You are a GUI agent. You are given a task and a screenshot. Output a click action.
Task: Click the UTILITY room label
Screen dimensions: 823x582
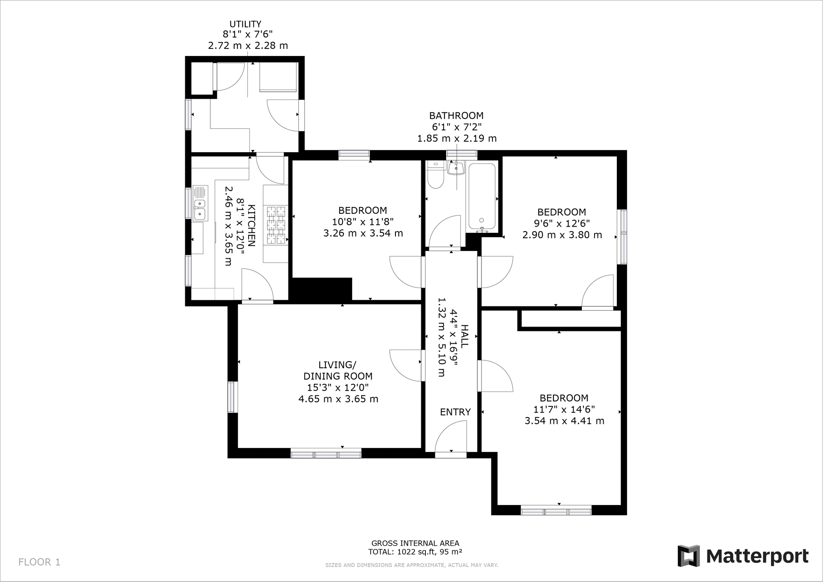(245, 24)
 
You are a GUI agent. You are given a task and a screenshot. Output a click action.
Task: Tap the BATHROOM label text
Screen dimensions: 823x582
(456, 116)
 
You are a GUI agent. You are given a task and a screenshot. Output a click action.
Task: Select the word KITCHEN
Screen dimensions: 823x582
(252, 226)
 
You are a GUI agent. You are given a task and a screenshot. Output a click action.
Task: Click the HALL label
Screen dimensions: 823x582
(464, 336)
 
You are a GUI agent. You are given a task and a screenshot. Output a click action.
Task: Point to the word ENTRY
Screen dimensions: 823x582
(455, 412)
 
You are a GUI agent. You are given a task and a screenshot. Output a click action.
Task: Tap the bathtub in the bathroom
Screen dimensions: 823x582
(482, 197)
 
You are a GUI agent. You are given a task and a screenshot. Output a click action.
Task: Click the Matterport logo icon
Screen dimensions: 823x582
(689, 556)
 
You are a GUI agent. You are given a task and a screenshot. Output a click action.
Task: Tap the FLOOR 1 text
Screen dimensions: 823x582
(40, 562)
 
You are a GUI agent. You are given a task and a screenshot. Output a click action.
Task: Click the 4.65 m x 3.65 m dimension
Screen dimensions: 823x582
(338, 399)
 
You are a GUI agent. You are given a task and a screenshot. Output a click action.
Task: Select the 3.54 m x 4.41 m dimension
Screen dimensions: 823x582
(564, 421)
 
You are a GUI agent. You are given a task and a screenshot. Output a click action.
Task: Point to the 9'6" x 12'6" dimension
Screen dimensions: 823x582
(562, 223)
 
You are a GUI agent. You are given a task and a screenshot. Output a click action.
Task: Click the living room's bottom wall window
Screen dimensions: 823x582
(326, 454)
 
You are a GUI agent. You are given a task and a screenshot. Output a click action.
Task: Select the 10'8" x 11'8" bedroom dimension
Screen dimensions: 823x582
(363, 222)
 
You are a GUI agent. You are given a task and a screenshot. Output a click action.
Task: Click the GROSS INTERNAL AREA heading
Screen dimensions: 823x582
(415, 543)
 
